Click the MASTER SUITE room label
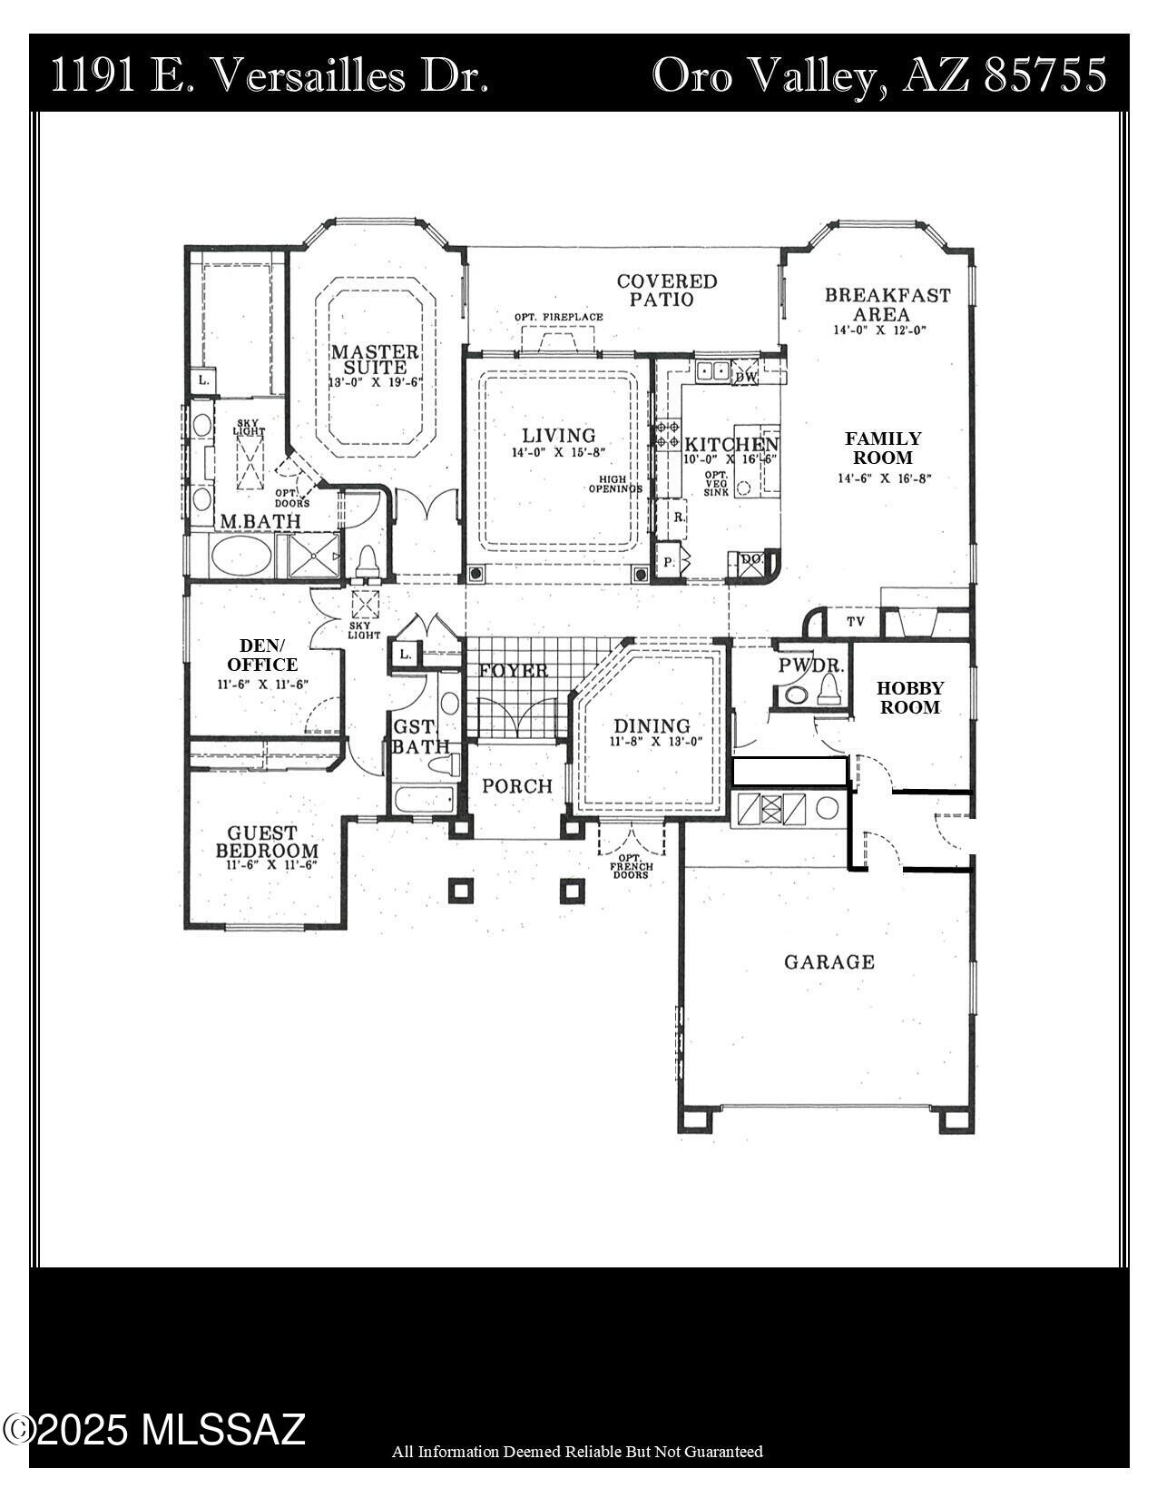pos(375,360)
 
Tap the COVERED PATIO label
pos(667,290)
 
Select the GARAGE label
pos(829,961)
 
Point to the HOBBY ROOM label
pos(909,697)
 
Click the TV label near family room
pos(855,622)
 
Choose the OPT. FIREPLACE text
pos(558,317)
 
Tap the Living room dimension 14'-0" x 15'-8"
pos(558,451)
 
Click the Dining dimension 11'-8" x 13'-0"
pos(656,741)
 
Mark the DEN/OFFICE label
pos(262,655)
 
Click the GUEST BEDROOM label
pos(267,841)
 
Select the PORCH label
pos(516,786)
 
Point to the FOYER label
pos(514,671)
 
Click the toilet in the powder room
pos(828,693)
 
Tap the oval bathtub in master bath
pos(240,556)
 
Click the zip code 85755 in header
pos(1045,74)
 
